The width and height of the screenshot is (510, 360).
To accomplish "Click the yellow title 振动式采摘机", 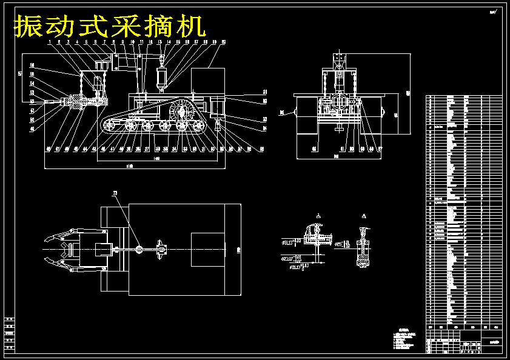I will [x=110, y=27].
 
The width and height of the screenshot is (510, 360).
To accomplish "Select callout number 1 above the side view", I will [x=49, y=42].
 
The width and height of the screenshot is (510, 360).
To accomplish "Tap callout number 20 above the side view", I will [x=223, y=42].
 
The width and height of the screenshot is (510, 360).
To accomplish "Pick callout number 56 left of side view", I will [x=32, y=65].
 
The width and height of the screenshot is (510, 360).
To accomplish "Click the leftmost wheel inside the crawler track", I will [x=109, y=125].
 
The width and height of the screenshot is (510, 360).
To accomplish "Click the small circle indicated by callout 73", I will [x=139, y=248].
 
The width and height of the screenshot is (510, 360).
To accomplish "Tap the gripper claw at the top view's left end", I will [x=61, y=249].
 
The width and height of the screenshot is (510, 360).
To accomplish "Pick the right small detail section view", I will [x=363, y=248].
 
